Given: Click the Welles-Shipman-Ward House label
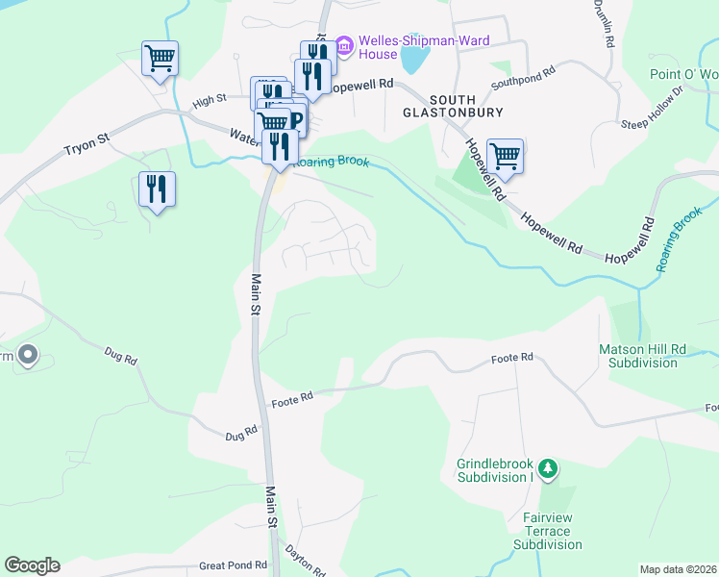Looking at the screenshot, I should (x=424, y=49).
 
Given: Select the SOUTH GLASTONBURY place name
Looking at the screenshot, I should (x=466, y=106).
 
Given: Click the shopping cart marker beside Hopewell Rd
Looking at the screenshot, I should (x=505, y=155).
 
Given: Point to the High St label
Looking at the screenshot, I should (x=209, y=100).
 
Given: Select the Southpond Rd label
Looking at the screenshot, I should (x=523, y=78).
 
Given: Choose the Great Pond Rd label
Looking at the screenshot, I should (x=232, y=566).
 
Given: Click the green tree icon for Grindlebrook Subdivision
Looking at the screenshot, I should (x=548, y=468).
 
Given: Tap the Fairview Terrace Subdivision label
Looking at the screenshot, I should (x=547, y=537).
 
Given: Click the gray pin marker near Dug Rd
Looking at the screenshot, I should (x=27, y=356).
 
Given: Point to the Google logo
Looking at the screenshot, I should (x=32, y=565).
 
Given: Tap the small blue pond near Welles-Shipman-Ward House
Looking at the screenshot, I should (x=413, y=61).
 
